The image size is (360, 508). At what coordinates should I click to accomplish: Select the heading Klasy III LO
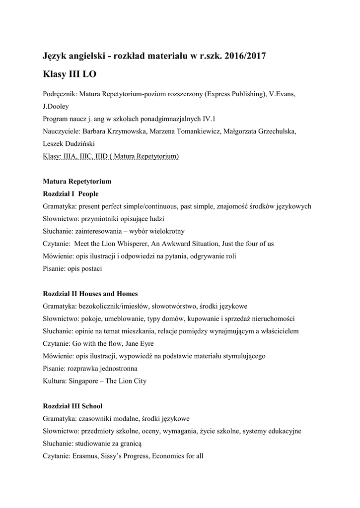click(70, 74)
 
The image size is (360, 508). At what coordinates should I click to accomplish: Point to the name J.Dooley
click(56, 106)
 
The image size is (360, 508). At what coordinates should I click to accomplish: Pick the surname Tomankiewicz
click(195, 131)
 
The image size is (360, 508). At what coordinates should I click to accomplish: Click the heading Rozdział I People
click(71, 193)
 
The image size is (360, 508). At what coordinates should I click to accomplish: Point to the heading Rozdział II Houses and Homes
click(90, 294)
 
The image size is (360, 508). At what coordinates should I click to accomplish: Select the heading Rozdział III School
click(72, 406)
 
